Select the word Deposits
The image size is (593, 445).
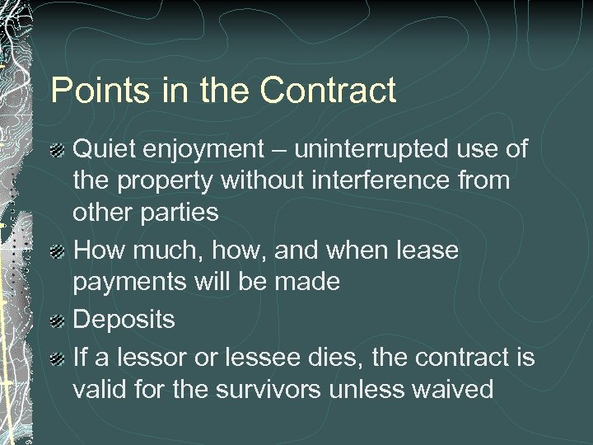pyautogui.click(x=124, y=320)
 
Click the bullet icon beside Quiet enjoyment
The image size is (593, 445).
pyautogui.click(x=58, y=151)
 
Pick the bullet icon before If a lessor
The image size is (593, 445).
pyautogui.click(x=58, y=358)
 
